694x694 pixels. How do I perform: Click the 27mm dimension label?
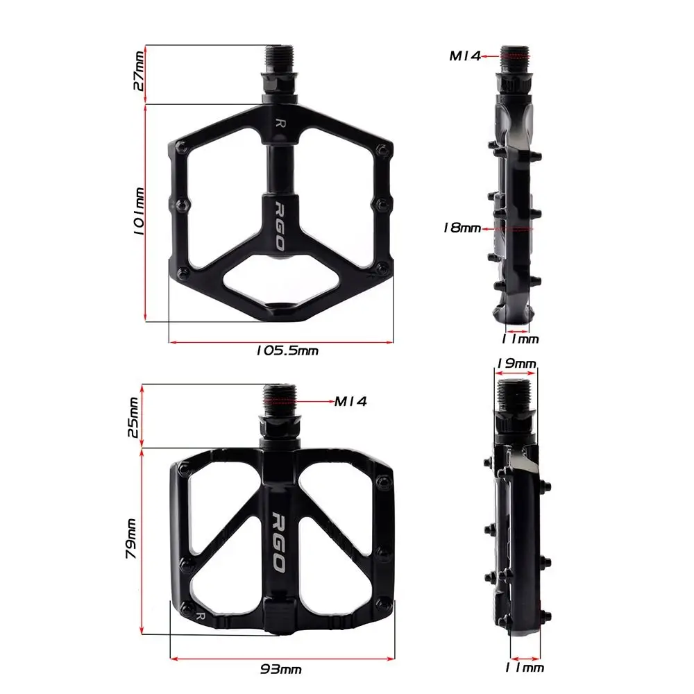coord(139,71)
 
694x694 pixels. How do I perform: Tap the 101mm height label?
coord(139,211)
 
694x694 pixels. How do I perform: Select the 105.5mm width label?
coord(287,350)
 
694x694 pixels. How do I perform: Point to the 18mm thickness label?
coord(462,228)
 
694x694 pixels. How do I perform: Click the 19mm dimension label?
coord(516,364)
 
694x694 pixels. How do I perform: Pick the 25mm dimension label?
coord(133,417)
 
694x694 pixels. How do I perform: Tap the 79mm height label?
coord(131,539)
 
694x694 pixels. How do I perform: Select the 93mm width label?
coord(281,669)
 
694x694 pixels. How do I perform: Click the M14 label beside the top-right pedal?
coord(465,56)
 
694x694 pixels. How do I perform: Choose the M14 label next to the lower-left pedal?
coord(350,401)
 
